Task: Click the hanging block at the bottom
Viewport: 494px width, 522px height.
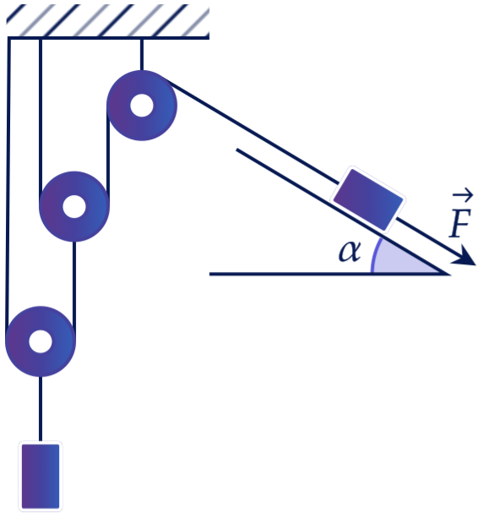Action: click(x=41, y=476)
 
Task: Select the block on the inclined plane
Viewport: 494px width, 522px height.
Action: click(x=368, y=199)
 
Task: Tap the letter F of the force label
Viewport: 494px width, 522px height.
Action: click(x=460, y=223)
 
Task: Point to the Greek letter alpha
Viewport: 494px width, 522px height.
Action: click(x=350, y=252)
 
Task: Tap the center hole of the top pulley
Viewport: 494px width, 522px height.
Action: click(x=142, y=106)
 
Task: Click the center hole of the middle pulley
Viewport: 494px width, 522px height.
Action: click(x=74, y=206)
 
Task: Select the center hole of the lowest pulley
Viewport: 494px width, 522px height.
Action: click(x=41, y=341)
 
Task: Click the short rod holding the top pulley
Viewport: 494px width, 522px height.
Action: click(x=142, y=55)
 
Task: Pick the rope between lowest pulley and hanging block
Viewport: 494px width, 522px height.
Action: click(x=41, y=410)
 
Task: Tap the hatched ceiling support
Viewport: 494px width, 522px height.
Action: click(x=108, y=21)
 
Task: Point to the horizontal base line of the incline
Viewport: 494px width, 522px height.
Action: click(x=329, y=274)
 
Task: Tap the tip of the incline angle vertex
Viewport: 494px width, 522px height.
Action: click(x=446, y=274)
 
